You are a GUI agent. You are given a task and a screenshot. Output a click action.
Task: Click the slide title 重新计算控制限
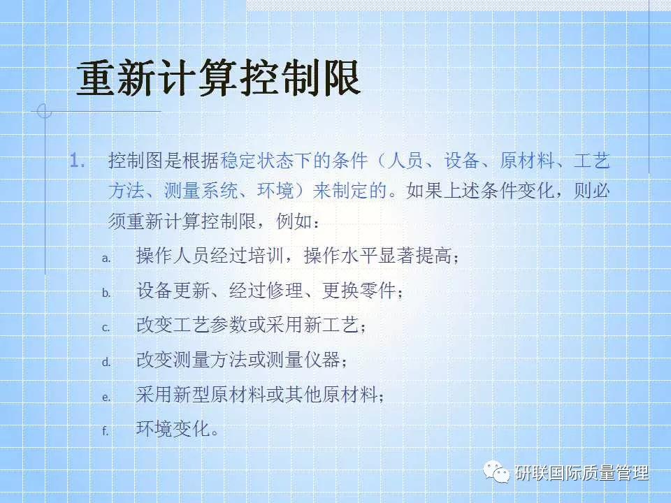click(x=217, y=78)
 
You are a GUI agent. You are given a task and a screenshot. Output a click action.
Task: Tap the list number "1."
click(x=78, y=162)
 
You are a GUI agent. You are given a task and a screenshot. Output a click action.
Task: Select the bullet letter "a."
click(x=106, y=258)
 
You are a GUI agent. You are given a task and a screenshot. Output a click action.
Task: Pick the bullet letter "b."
click(x=106, y=293)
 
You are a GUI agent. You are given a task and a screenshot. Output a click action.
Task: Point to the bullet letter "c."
click(x=106, y=328)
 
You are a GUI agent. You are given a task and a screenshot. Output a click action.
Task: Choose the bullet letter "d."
click(x=106, y=363)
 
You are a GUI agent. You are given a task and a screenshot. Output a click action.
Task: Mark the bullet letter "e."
click(x=106, y=397)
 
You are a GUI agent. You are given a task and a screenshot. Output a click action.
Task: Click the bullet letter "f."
click(x=106, y=431)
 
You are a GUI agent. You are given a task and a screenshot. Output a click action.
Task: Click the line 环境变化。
click(x=178, y=429)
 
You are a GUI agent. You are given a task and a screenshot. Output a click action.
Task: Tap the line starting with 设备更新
click(x=270, y=291)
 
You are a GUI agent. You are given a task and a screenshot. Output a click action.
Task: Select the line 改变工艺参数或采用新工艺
click(x=251, y=326)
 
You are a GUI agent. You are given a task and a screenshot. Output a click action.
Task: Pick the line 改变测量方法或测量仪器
click(x=242, y=360)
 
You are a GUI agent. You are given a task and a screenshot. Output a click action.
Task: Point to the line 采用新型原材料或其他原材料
click(x=260, y=395)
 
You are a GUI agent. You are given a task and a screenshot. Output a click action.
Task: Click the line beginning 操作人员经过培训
click(x=297, y=256)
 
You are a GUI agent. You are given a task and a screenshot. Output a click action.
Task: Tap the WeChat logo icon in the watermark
click(x=499, y=473)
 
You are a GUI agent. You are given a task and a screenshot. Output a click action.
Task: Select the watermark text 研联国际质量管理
click(x=582, y=474)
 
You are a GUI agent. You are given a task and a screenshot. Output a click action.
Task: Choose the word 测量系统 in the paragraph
click(x=210, y=191)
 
